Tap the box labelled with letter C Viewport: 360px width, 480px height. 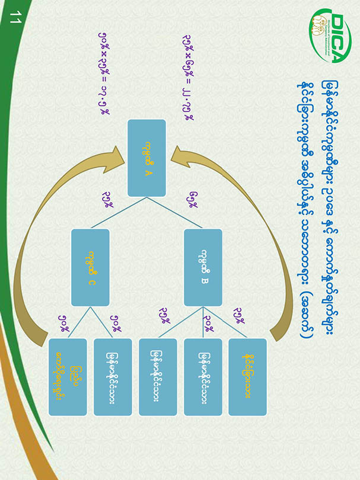click(x=90, y=268)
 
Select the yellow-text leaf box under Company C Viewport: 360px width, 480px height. click(x=68, y=377)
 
